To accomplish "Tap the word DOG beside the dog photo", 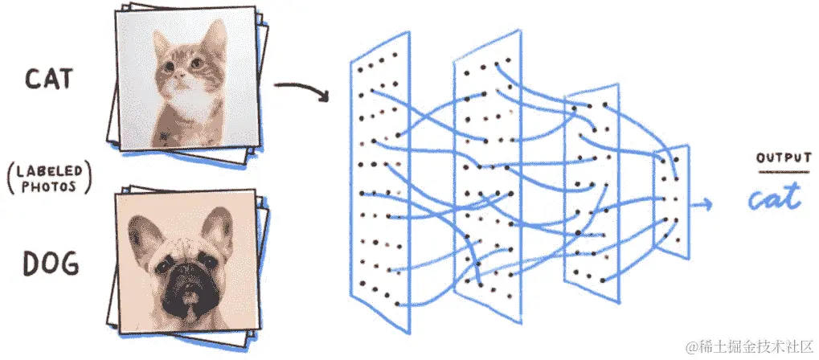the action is tap(51, 264).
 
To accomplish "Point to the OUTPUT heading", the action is tap(784, 158).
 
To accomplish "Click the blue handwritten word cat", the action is tap(775, 198).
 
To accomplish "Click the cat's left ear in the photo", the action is tap(161, 43).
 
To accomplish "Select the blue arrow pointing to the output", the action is tap(700, 204).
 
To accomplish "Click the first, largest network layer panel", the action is tap(380, 182).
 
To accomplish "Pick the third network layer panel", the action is tap(592, 193).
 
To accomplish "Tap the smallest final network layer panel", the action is tap(672, 202).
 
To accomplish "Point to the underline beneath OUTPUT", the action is tap(784, 172).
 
